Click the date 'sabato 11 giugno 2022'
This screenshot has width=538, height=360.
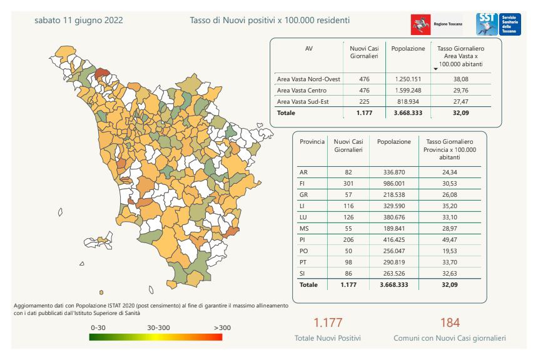(79, 21)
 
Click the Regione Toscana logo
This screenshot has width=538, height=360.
(432, 25)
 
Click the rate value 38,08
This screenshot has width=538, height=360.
(460, 79)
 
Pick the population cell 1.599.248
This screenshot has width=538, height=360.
(407, 91)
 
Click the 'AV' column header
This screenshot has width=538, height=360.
(308, 48)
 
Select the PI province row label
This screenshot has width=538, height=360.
(304, 239)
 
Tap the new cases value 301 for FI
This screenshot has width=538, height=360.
(348, 183)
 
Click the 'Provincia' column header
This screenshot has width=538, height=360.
(312, 142)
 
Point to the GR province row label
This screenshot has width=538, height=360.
(304, 194)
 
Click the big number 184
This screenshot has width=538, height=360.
(449, 322)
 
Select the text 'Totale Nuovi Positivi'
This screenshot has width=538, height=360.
(328, 338)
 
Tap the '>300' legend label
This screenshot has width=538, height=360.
(221, 327)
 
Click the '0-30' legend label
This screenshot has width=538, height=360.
(98, 327)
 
